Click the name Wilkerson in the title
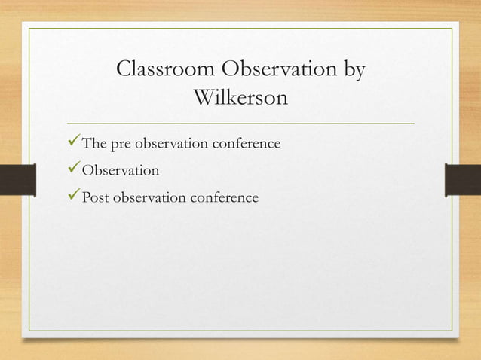click(240, 98)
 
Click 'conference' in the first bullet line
click(247, 143)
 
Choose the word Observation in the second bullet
click(121, 170)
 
